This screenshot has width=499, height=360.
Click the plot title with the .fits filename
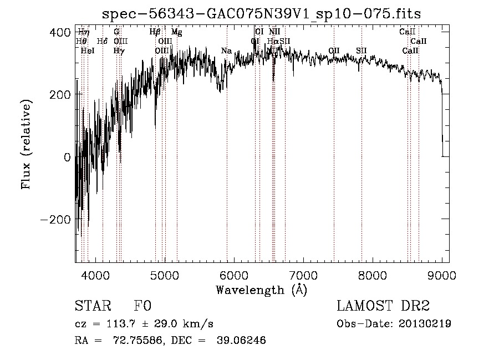point(266,14)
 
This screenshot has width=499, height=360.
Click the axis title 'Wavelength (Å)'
point(261,290)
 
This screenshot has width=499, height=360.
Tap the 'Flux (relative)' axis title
point(26,143)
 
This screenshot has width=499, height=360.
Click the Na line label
point(226,51)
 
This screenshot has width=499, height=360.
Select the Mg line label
point(176,32)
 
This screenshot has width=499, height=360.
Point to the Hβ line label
point(155,32)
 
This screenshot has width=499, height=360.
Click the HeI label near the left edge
point(88,51)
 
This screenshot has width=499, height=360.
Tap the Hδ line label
point(102,42)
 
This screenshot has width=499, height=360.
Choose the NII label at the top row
point(274,32)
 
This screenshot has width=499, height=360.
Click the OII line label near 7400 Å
point(334,51)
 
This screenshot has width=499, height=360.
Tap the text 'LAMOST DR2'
point(383,306)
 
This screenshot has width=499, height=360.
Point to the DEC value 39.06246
point(242,341)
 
